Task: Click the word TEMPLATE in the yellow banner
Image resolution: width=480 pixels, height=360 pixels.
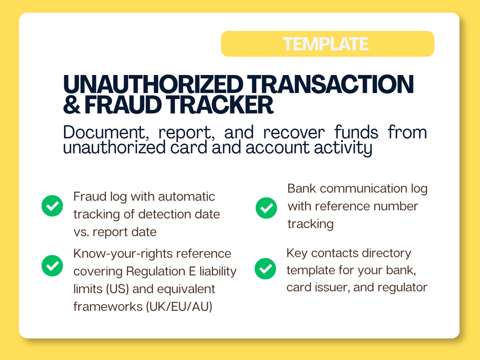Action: pos(325,44)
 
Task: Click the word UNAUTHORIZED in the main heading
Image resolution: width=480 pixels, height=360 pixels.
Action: pos(153,84)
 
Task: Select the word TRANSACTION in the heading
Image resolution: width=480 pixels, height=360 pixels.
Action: pos(331,84)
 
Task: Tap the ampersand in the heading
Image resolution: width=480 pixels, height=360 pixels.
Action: pos(72,105)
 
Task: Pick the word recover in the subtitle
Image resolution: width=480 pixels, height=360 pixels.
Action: pos(294,133)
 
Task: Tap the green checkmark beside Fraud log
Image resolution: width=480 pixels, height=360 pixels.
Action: pos(53,206)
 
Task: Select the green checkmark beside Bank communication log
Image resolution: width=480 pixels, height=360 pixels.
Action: pos(267,208)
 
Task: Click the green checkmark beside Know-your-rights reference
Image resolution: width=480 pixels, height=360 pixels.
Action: pos(53,266)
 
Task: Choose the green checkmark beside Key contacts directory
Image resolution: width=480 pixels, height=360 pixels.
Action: pos(266,269)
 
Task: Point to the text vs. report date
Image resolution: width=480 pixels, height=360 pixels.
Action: pos(115,232)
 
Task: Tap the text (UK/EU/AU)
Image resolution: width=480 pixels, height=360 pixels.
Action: pos(179,307)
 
